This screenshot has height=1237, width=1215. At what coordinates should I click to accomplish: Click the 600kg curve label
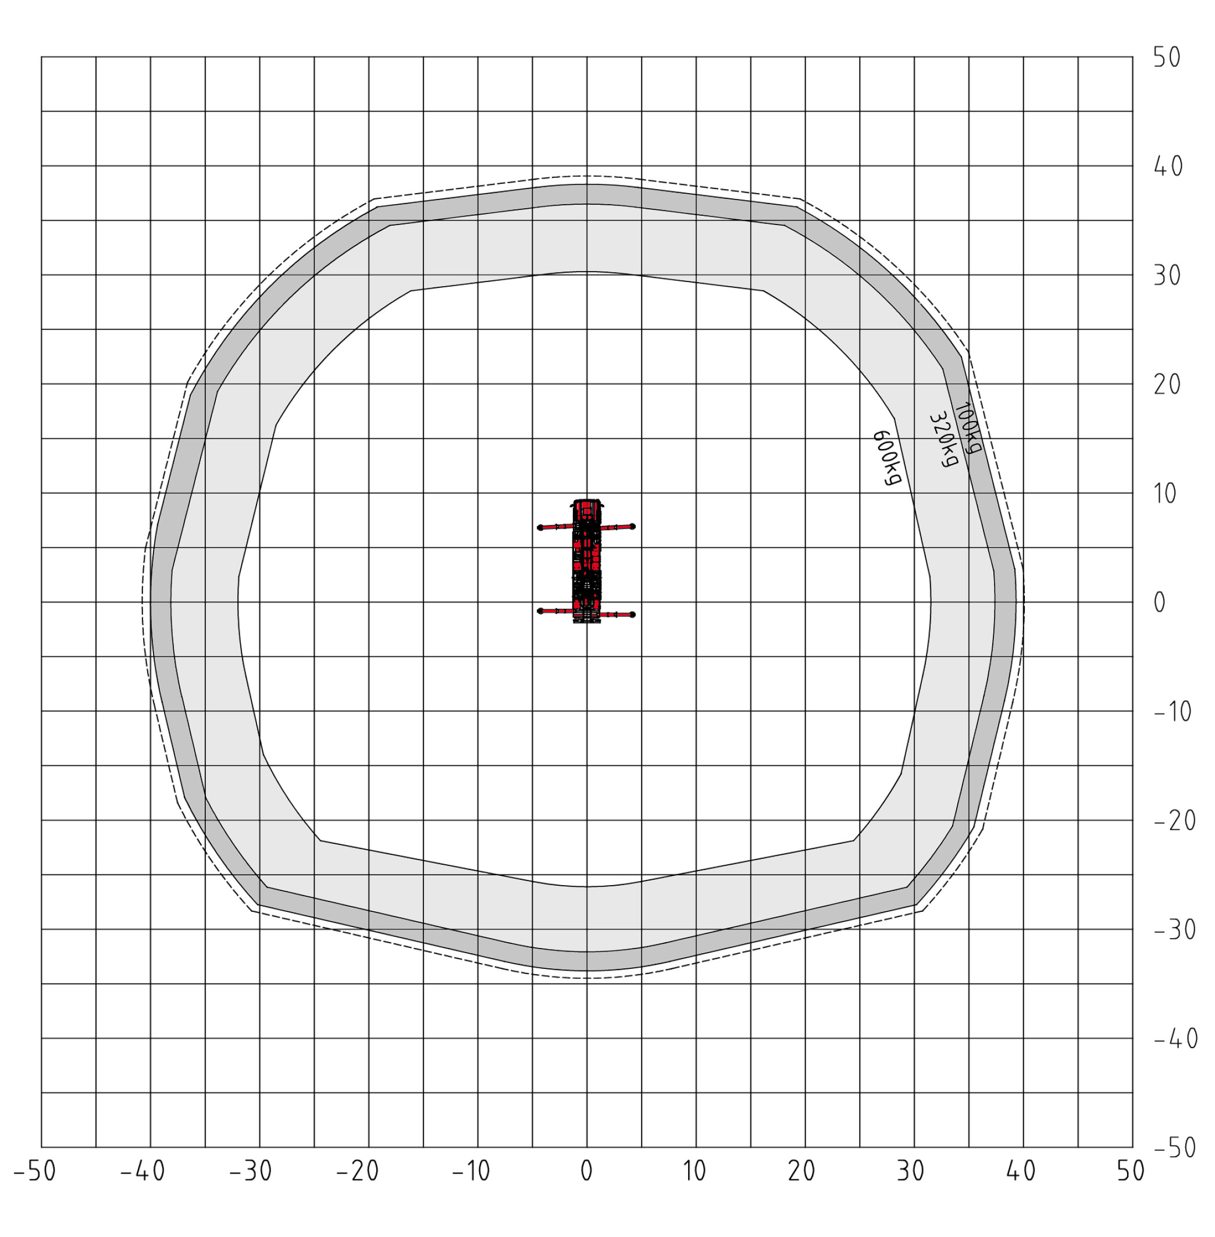[887, 458]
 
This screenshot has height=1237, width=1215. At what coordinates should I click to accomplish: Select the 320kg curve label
[944, 440]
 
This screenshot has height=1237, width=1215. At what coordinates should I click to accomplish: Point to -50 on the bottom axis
[35, 1171]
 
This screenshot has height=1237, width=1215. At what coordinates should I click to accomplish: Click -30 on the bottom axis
[251, 1171]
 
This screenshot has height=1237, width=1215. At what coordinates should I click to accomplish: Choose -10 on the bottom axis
[471, 1171]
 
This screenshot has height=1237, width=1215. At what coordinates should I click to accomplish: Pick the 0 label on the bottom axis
[586, 1171]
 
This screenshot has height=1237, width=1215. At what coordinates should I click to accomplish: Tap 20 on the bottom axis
[802, 1171]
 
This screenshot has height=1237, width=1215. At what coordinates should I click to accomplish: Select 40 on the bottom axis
[1021, 1171]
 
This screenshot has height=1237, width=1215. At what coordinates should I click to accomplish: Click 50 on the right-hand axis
[1167, 58]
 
